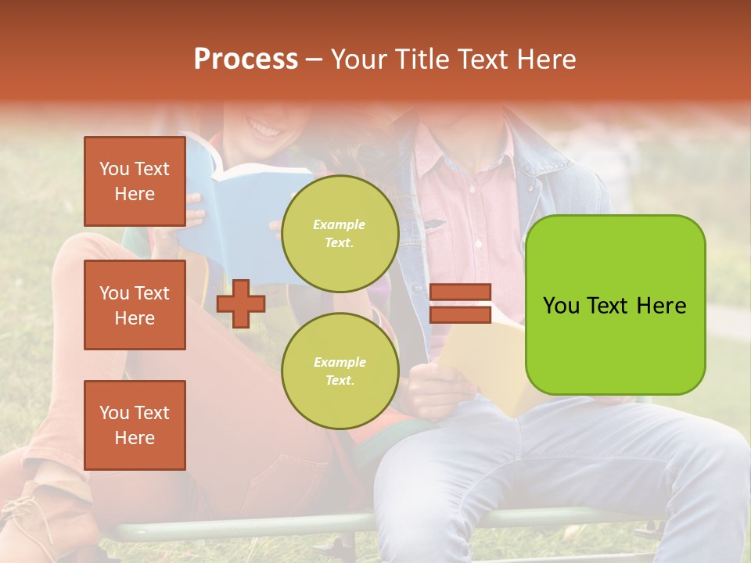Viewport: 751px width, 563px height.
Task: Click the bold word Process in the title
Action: coord(246,59)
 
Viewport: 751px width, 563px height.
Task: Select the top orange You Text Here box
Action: coord(135,181)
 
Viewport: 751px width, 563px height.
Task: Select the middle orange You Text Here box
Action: coord(135,305)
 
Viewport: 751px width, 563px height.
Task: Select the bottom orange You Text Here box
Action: coord(135,425)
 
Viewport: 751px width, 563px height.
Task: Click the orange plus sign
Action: coord(241,303)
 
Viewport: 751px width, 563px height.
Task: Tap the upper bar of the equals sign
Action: coord(460,292)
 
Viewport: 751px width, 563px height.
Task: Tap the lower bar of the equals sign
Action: coord(460,314)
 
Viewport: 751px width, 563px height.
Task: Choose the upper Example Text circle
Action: coord(340,234)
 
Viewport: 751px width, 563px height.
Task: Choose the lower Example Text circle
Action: coord(340,371)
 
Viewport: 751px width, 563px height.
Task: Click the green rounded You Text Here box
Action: coord(615,305)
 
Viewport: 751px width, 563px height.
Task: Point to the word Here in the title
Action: coord(547,59)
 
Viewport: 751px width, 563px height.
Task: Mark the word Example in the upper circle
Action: coord(340,224)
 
